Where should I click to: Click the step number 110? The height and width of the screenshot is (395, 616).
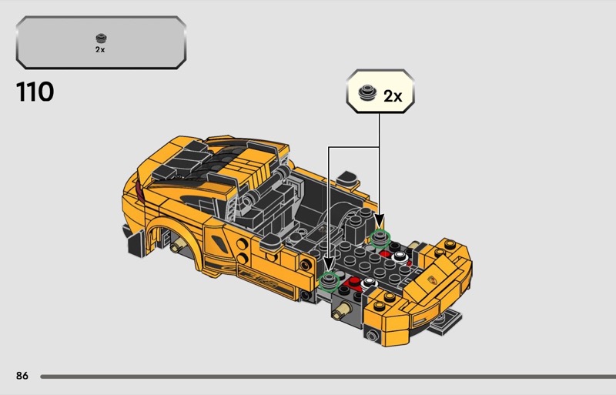(35, 92)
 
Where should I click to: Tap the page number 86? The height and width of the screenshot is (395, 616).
(22, 376)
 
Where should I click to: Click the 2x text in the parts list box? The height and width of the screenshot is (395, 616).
(100, 49)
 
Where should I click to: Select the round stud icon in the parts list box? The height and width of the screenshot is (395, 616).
(102, 38)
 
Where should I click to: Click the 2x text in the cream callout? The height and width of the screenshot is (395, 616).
(393, 96)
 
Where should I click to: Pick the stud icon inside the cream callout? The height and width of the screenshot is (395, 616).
(368, 92)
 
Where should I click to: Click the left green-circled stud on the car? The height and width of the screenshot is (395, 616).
(330, 280)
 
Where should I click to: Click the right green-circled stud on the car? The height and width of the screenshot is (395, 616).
(380, 237)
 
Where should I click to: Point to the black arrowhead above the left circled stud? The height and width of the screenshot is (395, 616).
(329, 263)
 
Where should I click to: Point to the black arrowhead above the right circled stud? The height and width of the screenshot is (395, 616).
(379, 221)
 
